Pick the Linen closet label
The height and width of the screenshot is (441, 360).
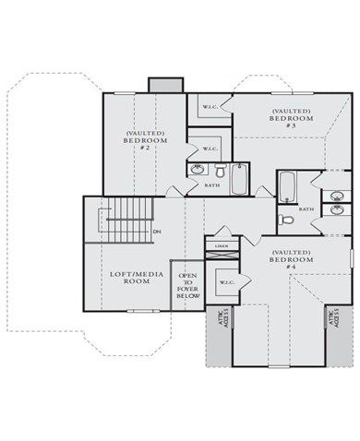pyautogui.click(x=222, y=246)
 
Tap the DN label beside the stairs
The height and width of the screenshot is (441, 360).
pyautogui.click(x=158, y=231)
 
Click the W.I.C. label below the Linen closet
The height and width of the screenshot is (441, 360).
pyautogui.click(x=224, y=282)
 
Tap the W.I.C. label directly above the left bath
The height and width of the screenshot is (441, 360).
pyautogui.click(x=210, y=149)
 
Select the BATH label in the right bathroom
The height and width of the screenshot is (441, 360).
pyautogui.click(x=306, y=209)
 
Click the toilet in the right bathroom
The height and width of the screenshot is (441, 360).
pyautogui.click(x=287, y=220)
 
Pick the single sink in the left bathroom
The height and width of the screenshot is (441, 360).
pyautogui.click(x=198, y=170)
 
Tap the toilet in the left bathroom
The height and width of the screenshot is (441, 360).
pyautogui.click(x=221, y=171)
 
